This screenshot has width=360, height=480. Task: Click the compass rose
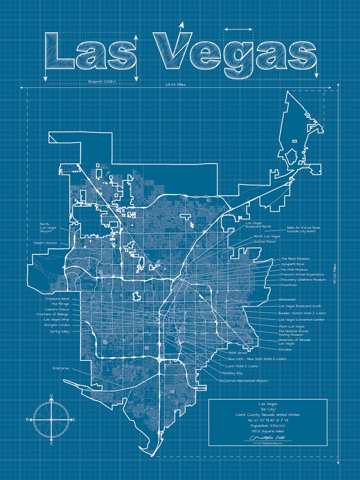[x=51, y=420]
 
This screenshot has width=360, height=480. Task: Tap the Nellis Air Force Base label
[x=303, y=229]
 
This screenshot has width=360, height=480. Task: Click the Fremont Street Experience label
[x=302, y=274]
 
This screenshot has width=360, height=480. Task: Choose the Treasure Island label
[x=57, y=299]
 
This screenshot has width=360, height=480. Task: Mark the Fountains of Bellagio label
[x=53, y=314]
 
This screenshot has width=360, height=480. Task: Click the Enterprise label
[x=61, y=368]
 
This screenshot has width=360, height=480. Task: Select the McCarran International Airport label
[x=243, y=381]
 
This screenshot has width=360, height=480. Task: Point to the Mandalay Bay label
[x=232, y=373]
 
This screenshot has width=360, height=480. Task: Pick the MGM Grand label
[x=238, y=352]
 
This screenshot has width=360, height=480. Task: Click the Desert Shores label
[x=45, y=243]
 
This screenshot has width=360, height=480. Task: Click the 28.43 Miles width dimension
[x=175, y=85]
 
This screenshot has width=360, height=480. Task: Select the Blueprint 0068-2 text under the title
[x=102, y=81]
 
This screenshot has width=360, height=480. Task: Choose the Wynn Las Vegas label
[x=291, y=326]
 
